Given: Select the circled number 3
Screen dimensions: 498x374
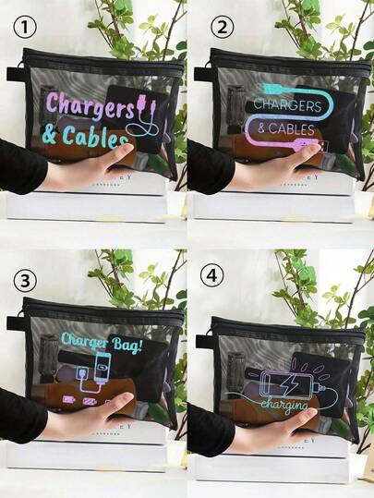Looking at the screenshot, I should point(29,277).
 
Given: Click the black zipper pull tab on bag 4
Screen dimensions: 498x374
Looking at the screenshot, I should point(201,315).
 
